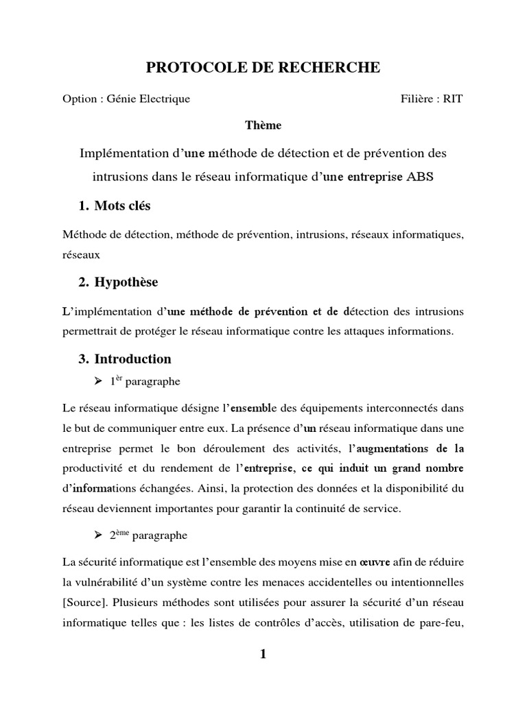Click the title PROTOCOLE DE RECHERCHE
(263, 67)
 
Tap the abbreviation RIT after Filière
(453, 99)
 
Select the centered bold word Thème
(263, 125)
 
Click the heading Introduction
(132, 359)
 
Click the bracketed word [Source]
(83, 602)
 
